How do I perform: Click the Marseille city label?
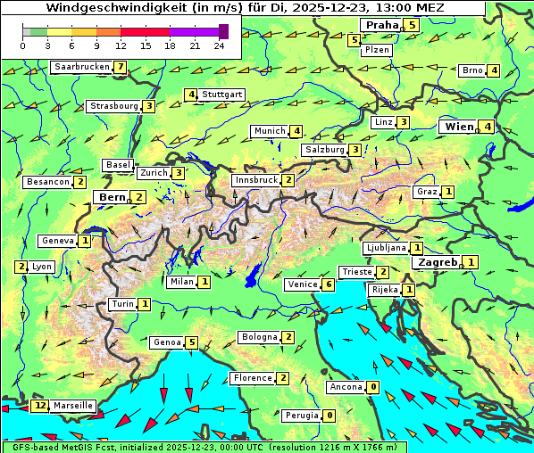tap(72, 406)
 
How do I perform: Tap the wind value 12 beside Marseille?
tap(39, 406)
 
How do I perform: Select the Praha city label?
tap(381, 25)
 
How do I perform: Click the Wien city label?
tap(459, 127)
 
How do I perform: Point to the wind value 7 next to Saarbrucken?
tap(120, 67)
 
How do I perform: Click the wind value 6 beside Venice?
tap(329, 284)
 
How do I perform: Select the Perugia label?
tap(301, 416)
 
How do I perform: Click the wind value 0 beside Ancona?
tap(372, 387)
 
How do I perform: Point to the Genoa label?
tap(166, 342)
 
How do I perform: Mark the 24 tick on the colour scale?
tap(219, 45)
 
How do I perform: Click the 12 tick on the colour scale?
tap(121, 45)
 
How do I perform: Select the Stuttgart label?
tap(222, 95)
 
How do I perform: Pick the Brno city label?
tap(472, 70)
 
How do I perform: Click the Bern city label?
tap(112, 197)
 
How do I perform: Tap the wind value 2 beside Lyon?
tap(21, 267)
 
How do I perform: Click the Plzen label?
tap(376, 51)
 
